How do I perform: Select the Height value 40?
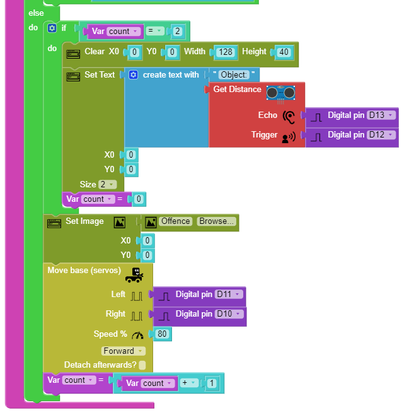(284, 52)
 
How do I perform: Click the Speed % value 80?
(162, 334)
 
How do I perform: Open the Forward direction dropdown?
(123, 351)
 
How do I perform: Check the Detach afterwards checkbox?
(142, 365)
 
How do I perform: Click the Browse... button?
(217, 221)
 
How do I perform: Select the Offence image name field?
(175, 221)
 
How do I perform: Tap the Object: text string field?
(234, 74)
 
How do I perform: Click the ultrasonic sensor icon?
(280, 92)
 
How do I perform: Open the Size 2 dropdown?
(108, 184)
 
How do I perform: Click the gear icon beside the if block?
(52, 28)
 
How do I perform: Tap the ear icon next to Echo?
(289, 116)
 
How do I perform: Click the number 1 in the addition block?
(212, 383)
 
